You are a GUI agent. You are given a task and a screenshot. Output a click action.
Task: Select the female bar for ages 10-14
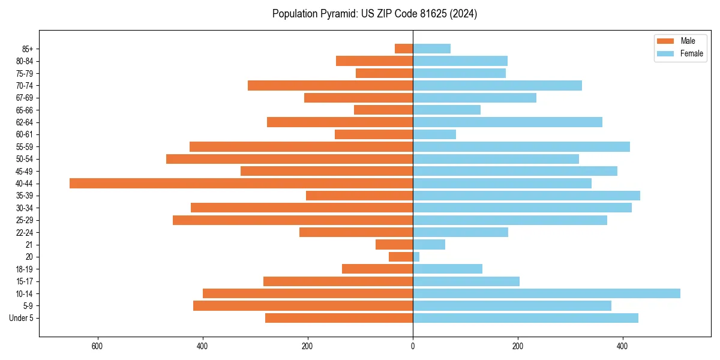click(546, 293)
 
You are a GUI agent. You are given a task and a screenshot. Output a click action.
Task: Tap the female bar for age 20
click(416, 257)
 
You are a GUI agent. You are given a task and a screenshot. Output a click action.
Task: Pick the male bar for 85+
click(404, 49)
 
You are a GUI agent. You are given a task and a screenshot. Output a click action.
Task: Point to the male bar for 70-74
click(330, 86)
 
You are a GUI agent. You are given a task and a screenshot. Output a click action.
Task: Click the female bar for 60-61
click(434, 134)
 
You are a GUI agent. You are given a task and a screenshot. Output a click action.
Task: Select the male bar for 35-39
click(359, 196)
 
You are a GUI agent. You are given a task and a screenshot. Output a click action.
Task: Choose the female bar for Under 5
click(525, 318)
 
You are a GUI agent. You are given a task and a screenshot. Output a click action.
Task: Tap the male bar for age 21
click(394, 245)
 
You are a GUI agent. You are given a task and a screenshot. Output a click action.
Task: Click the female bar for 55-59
click(521, 147)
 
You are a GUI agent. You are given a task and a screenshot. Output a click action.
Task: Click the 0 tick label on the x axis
click(413, 346)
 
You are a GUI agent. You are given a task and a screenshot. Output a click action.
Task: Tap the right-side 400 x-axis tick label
click(623, 346)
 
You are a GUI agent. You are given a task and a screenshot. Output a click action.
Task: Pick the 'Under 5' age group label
click(21, 318)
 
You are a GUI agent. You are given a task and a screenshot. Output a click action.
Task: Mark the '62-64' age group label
click(25, 122)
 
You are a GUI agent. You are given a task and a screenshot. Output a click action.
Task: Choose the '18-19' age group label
click(25, 269)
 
